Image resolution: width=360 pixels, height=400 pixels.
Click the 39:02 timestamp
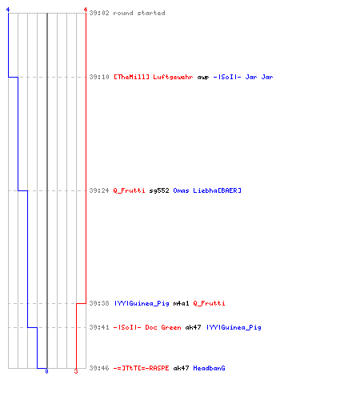[x=99, y=13]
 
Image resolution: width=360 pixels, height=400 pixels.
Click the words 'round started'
[x=139, y=13]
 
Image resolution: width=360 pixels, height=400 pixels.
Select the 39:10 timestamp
[x=99, y=77]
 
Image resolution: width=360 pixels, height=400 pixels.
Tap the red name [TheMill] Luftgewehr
[x=154, y=77]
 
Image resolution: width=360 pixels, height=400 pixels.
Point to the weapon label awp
[x=203, y=78]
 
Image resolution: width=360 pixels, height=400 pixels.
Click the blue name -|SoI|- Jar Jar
[x=243, y=77]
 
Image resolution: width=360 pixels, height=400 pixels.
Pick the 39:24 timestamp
[x=99, y=190]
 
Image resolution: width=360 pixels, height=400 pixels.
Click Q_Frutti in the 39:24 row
[x=130, y=190]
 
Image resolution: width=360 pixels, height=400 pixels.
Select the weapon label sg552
[x=159, y=190]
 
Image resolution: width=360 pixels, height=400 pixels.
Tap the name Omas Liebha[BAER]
[x=207, y=190]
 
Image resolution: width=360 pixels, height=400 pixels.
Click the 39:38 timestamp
[x=99, y=303]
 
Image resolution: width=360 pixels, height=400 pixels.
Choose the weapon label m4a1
[x=182, y=303]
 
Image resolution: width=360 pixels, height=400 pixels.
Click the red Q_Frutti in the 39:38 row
[x=209, y=303]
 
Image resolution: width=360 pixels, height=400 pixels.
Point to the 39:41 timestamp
[x=99, y=327]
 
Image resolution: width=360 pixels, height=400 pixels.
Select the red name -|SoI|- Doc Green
[x=147, y=327]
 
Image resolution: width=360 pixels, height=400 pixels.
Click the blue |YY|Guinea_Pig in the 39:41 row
[x=234, y=327]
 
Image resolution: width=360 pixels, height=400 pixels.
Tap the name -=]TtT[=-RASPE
[x=142, y=368]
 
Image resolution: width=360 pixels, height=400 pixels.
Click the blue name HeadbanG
[x=209, y=368]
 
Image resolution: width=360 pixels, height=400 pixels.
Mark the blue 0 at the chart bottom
[x=46, y=371]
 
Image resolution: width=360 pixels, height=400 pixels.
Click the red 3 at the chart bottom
[x=76, y=371]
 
